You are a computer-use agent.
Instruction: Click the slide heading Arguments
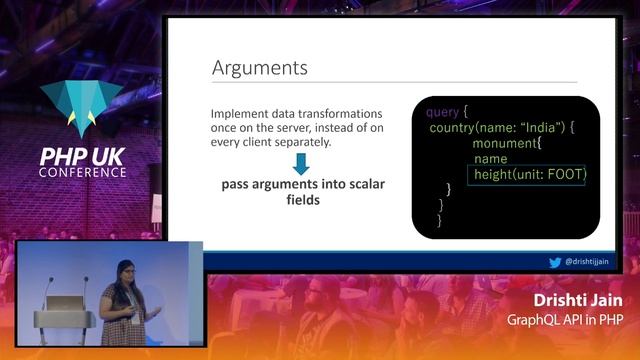[x=259, y=68]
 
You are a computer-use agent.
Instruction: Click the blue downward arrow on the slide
[x=301, y=163]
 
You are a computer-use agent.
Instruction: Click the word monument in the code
[x=507, y=143]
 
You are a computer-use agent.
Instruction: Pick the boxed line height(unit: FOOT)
[x=530, y=175]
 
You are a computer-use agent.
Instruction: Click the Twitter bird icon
[x=554, y=262]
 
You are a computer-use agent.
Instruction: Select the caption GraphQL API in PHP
[x=565, y=319]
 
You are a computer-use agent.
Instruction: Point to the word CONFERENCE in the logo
[x=83, y=172]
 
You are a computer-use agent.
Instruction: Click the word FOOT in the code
[x=563, y=175]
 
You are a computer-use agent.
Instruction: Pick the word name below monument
[x=490, y=159]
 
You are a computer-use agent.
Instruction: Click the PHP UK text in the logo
[x=83, y=155]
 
